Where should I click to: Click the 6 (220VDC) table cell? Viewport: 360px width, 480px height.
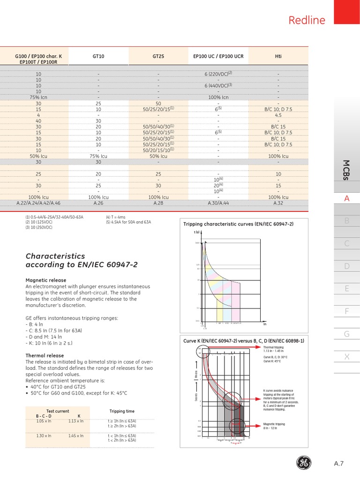[218, 74]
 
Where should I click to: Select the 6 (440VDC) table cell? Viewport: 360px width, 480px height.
[218, 85]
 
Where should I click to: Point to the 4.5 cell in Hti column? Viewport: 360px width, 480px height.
[278, 114]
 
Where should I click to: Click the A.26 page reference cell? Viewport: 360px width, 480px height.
[98, 203]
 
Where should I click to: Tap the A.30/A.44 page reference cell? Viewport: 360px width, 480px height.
[218, 203]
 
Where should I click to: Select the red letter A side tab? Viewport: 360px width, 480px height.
[347, 198]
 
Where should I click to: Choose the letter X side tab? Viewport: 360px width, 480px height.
[347, 357]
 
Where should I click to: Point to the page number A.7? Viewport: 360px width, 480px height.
[339, 464]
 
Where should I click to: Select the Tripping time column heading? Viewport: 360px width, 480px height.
[121, 411]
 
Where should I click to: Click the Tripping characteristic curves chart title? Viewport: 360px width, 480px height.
[239, 224]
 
